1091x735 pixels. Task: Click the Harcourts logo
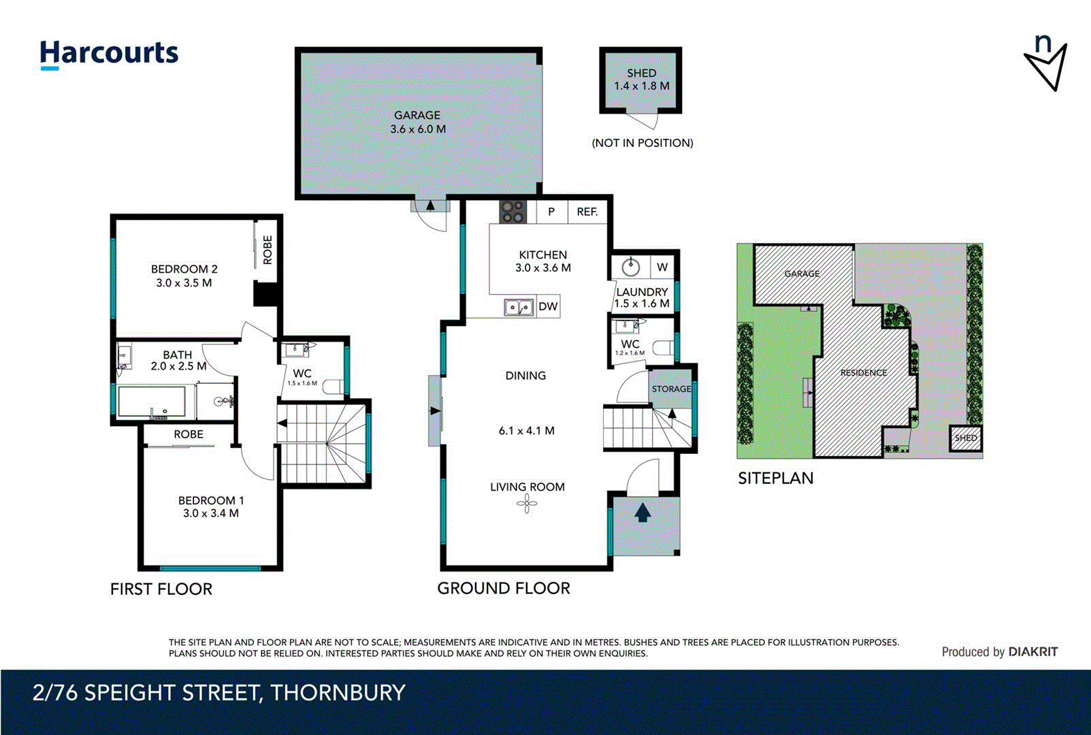click(x=109, y=53)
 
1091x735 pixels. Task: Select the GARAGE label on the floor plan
click(x=417, y=116)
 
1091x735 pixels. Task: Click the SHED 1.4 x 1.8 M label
click(x=641, y=80)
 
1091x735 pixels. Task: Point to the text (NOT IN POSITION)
click(x=642, y=143)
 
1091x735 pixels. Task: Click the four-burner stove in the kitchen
click(x=512, y=212)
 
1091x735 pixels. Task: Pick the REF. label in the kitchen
click(x=587, y=212)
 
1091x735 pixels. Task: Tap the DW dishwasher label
click(x=548, y=306)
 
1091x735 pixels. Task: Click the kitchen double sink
click(x=518, y=308)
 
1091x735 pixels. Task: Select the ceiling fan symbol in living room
click(x=526, y=504)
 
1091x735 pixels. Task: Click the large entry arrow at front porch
click(x=642, y=512)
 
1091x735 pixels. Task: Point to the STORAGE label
click(x=671, y=389)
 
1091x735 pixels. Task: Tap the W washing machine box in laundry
click(x=662, y=267)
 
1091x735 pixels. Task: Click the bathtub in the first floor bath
click(x=152, y=402)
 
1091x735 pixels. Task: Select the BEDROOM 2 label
click(x=184, y=269)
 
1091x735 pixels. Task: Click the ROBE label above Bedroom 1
click(x=189, y=434)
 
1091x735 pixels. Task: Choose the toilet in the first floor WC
click(x=333, y=387)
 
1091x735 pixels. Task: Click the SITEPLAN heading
click(x=775, y=478)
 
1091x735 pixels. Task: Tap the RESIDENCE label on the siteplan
click(x=863, y=372)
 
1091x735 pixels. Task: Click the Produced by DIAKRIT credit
click(x=999, y=652)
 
